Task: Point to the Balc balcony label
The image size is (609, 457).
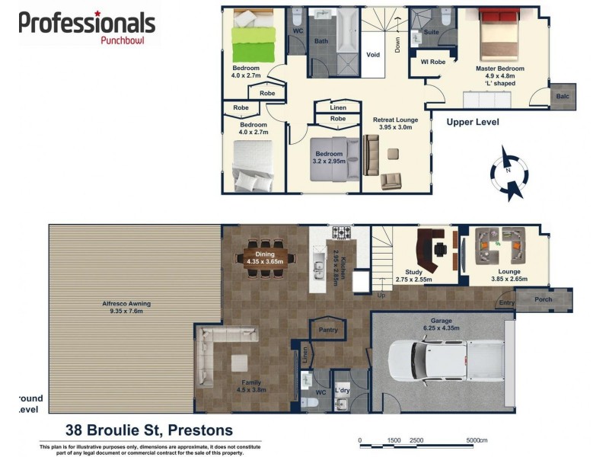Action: [x=562, y=97]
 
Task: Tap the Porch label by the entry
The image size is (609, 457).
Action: [x=543, y=299]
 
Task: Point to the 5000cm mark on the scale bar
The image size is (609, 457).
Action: [x=477, y=440]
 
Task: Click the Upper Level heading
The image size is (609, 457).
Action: [x=472, y=122]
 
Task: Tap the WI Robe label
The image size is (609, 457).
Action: [x=428, y=62]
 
